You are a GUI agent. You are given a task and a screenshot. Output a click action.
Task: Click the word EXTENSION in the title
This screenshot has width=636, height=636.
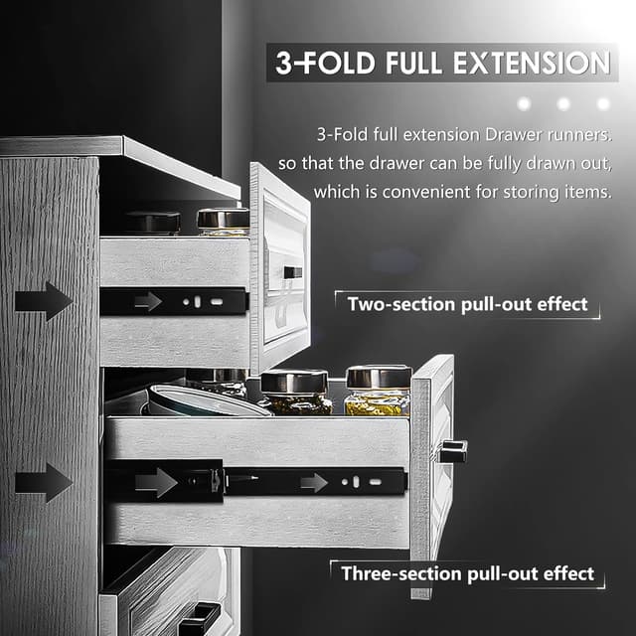point(530,63)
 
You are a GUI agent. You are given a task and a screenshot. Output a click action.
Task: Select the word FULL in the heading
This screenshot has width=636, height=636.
point(406,63)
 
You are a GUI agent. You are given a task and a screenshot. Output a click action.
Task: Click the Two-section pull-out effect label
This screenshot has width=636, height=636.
point(467,304)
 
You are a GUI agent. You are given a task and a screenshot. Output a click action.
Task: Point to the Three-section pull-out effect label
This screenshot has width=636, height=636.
point(467,573)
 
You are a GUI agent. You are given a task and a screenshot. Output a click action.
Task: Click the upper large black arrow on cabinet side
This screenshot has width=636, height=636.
point(44,301)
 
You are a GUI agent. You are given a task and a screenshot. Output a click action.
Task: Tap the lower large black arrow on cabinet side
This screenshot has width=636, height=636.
point(44,483)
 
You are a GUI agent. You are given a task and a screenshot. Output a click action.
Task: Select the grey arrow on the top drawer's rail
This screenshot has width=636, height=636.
point(148,301)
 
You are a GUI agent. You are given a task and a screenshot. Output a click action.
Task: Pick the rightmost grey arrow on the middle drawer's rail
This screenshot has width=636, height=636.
point(314,483)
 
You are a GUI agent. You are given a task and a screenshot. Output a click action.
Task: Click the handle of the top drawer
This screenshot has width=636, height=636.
point(292,272)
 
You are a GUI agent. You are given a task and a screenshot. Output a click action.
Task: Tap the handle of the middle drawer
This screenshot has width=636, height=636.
point(452,451)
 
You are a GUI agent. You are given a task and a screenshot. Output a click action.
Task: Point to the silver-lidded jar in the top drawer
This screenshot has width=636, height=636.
point(223,221)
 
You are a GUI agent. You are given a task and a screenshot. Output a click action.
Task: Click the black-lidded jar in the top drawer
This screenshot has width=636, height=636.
point(153,223)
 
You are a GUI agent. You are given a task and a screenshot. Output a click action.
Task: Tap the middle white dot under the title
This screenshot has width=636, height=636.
point(563,103)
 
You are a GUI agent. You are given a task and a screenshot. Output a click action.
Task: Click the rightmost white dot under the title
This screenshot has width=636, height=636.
point(602,103)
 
